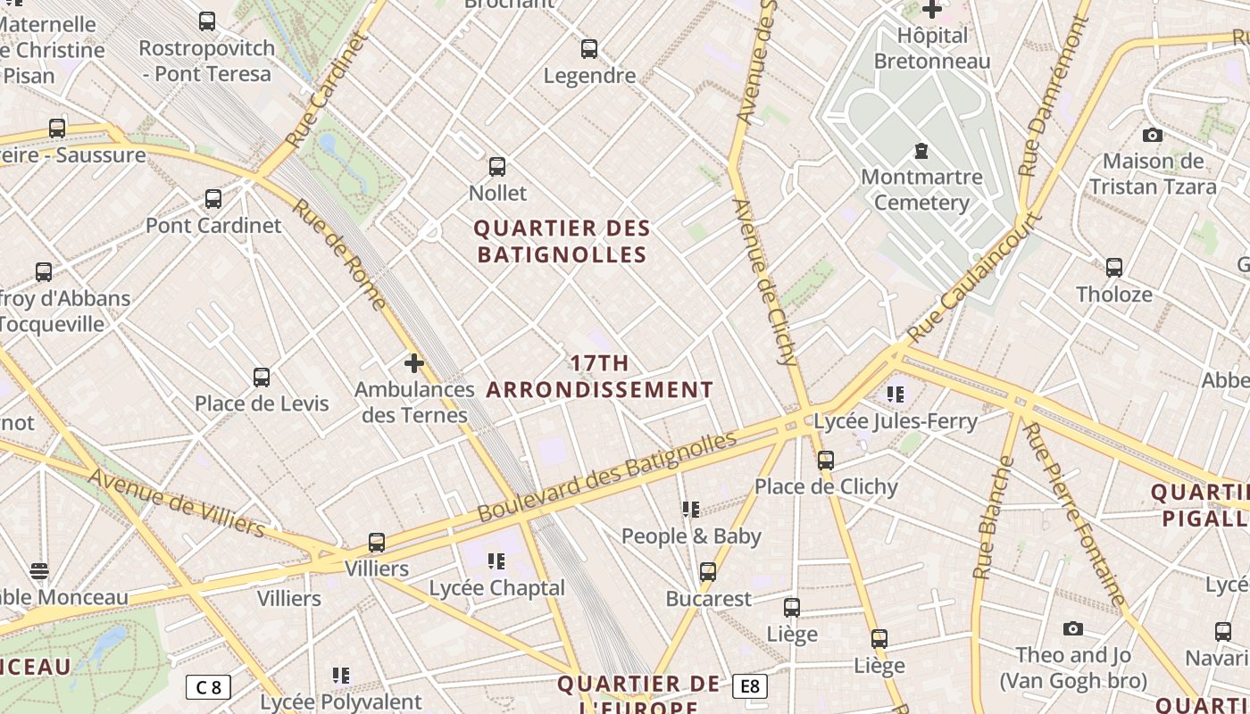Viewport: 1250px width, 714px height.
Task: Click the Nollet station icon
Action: pyautogui.click(x=497, y=167)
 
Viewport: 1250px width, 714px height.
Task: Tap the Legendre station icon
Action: pyautogui.click(x=589, y=49)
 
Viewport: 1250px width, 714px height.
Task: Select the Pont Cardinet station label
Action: pyautogui.click(x=213, y=225)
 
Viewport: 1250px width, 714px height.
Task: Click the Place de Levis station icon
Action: pyautogui.click(x=262, y=378)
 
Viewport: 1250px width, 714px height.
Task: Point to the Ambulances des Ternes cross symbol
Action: pyautogui.click(x=413, y=363)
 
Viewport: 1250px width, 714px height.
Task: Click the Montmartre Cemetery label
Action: pyautogui.click(x=921, y=189)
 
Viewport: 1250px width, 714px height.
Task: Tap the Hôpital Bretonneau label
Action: pyautogui.click(x=932, y=48)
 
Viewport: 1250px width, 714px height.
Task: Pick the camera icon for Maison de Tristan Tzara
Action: pyautogui.click(x=1153, y=136)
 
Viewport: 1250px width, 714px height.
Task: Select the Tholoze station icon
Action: pyautogui.click(x=1114, y=268)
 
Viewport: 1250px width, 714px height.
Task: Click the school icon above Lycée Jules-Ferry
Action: pyautogui.click(x=896, y=394)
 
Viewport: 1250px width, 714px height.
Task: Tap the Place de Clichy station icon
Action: pyautogui.click(x=826, y=461)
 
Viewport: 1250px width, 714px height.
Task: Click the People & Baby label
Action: pyautogui.click(x=691, y=535)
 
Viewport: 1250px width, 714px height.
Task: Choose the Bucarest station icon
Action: pyautogui.click(x=708, y=572)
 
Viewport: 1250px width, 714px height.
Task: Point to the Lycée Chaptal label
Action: pyautogui.click(x=497, y=588)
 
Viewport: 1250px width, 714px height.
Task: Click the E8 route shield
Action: pyautogui.click(x=749, y=685)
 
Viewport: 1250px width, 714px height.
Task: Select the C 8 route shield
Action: pyautogui.click(x=208, y=687)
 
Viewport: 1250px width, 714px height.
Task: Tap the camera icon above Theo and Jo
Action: pyautogui.click(x=1073, y=629)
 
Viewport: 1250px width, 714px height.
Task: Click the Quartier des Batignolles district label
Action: pyautogui.click(x=562, y=242)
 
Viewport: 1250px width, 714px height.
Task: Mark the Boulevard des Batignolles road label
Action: pyautogui.click(x=607, y=476)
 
